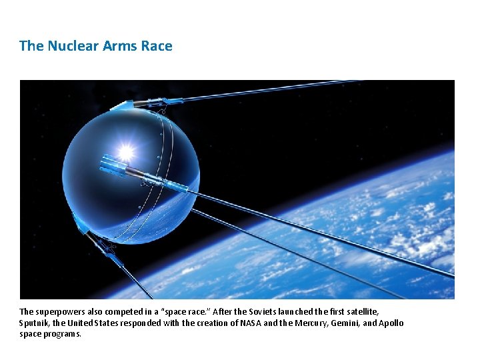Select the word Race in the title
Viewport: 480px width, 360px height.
tap(157, 46)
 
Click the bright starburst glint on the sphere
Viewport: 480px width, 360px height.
tap(125, 151)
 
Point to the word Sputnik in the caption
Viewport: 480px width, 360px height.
tap(33, 323)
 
